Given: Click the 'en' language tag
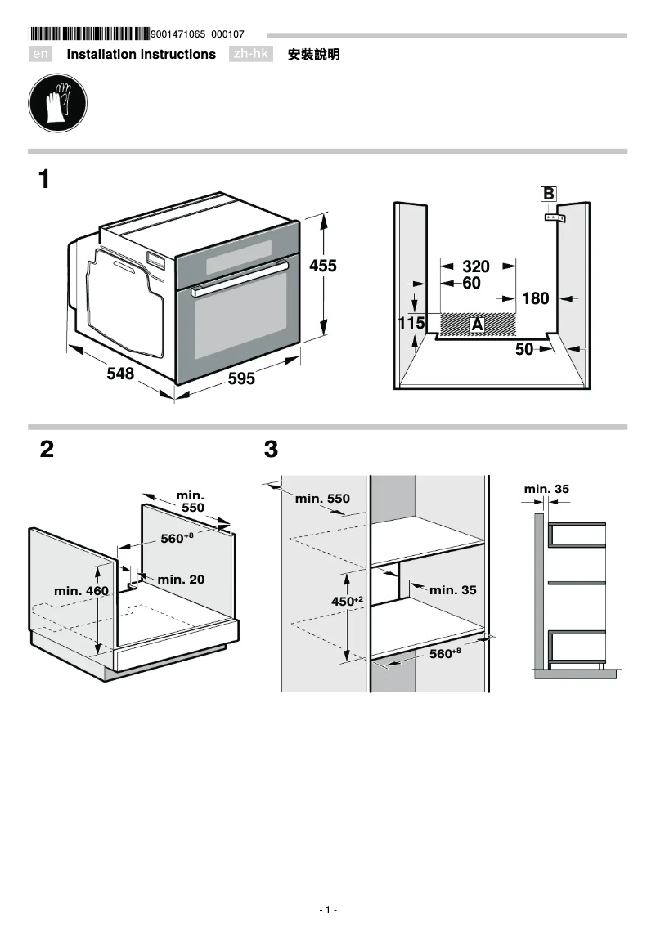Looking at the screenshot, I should click(40, 55).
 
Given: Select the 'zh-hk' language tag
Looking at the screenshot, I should click(251, 55).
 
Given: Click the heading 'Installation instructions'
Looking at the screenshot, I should click(141, 55).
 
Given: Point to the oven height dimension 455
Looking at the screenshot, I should click(322, 266).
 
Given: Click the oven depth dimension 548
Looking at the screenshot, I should click(120, 374).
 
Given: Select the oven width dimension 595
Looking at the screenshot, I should click(241, 379).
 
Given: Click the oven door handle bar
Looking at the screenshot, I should click(240, 278).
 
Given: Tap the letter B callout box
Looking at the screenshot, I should click(549, 194).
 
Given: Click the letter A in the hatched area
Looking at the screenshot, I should click(477, 325).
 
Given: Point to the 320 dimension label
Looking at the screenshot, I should click(475, 266).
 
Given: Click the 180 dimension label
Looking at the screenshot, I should click(535, 299).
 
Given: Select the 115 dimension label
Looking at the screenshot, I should click(411, 324).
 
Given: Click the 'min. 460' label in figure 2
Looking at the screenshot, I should click(81, 590).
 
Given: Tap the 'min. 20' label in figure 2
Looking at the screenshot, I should click(181, 580).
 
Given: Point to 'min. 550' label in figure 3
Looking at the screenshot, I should click(322, 499).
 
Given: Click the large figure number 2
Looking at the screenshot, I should click(47, 449).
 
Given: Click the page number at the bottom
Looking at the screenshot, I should click(327, 910).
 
